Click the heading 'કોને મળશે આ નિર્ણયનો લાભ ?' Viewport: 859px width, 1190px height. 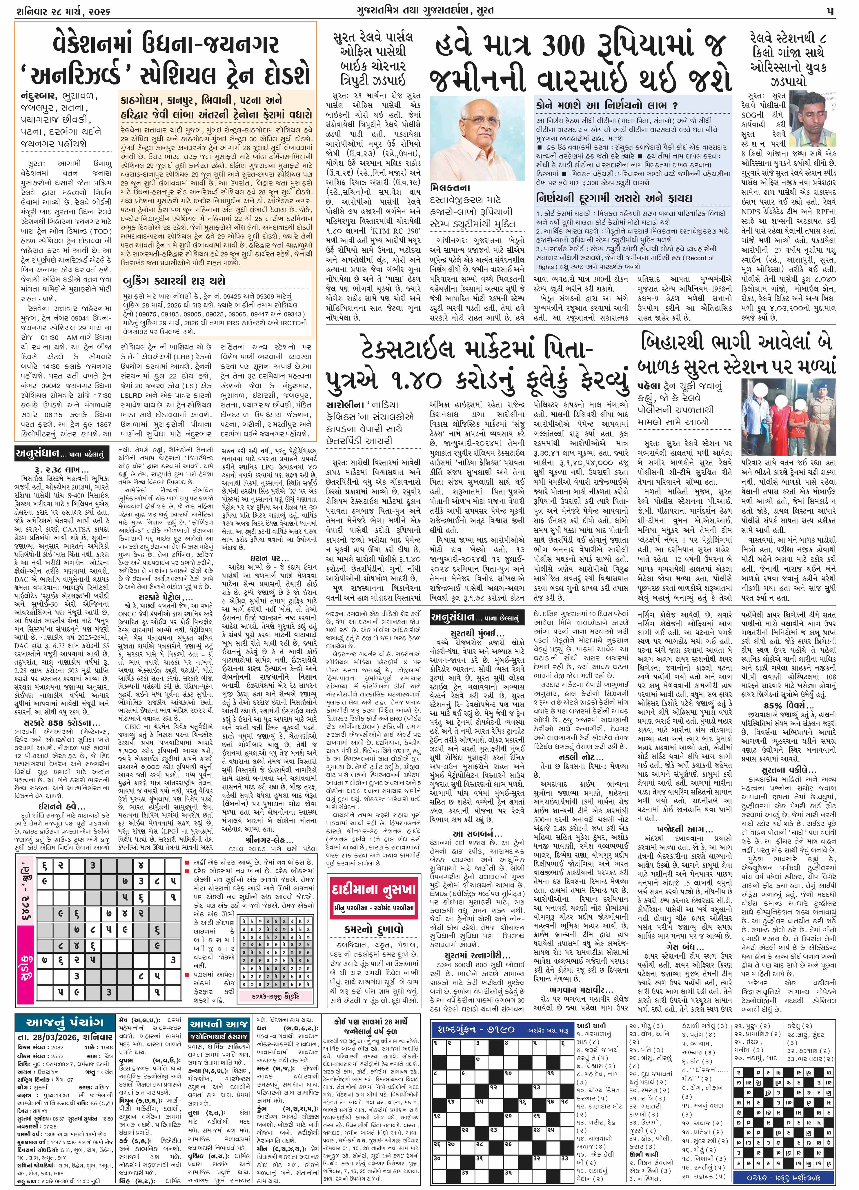point(606,105)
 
